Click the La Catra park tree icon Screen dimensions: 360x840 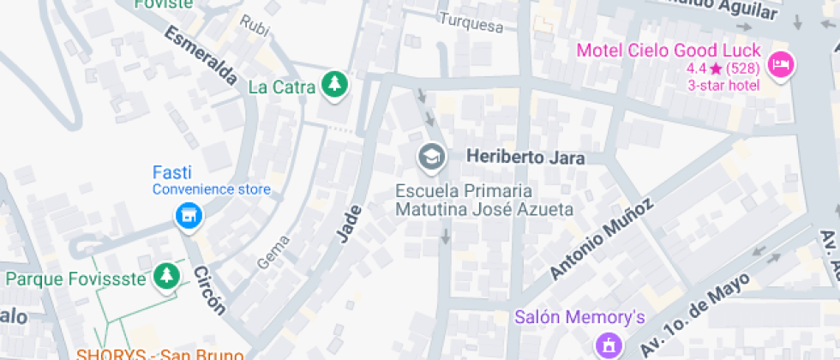pyautogui.click(x=333, y=86)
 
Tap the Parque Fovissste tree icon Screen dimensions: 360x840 pyautogui.click(x=167, y=277)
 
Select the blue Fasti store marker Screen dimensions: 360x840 pyautogui.click(x=188, y=216)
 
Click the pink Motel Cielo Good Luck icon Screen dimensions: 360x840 pyautogui.click(x=780, y=64)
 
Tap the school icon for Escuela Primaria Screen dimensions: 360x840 pyautogui.click(x=430, y=157)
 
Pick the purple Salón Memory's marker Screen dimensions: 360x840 pyautogui.click(x=609, y=345)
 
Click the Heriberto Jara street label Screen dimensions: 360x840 pyautogui.click(x=525, y=158)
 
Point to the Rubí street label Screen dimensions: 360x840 pyautogui.click(x=255, y=26)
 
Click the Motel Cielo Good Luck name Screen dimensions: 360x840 pyautogui.click(x=674, y=50)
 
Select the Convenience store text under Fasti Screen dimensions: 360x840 pyautogui.click(x=212, y=189)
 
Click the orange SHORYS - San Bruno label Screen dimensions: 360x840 pyautogui.click(x=160, y=353)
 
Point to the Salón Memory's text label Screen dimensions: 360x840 pyautogui.click(x=579, y=318)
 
